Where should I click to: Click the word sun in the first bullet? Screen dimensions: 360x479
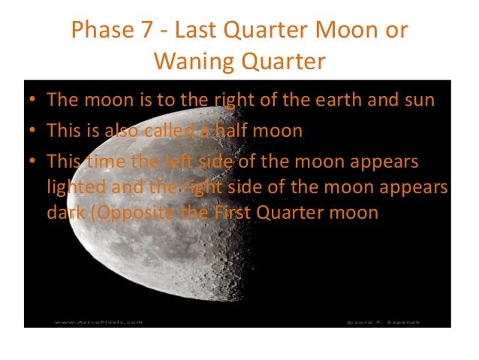(419, 100)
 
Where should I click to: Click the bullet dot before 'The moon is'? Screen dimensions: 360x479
(35, 101)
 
